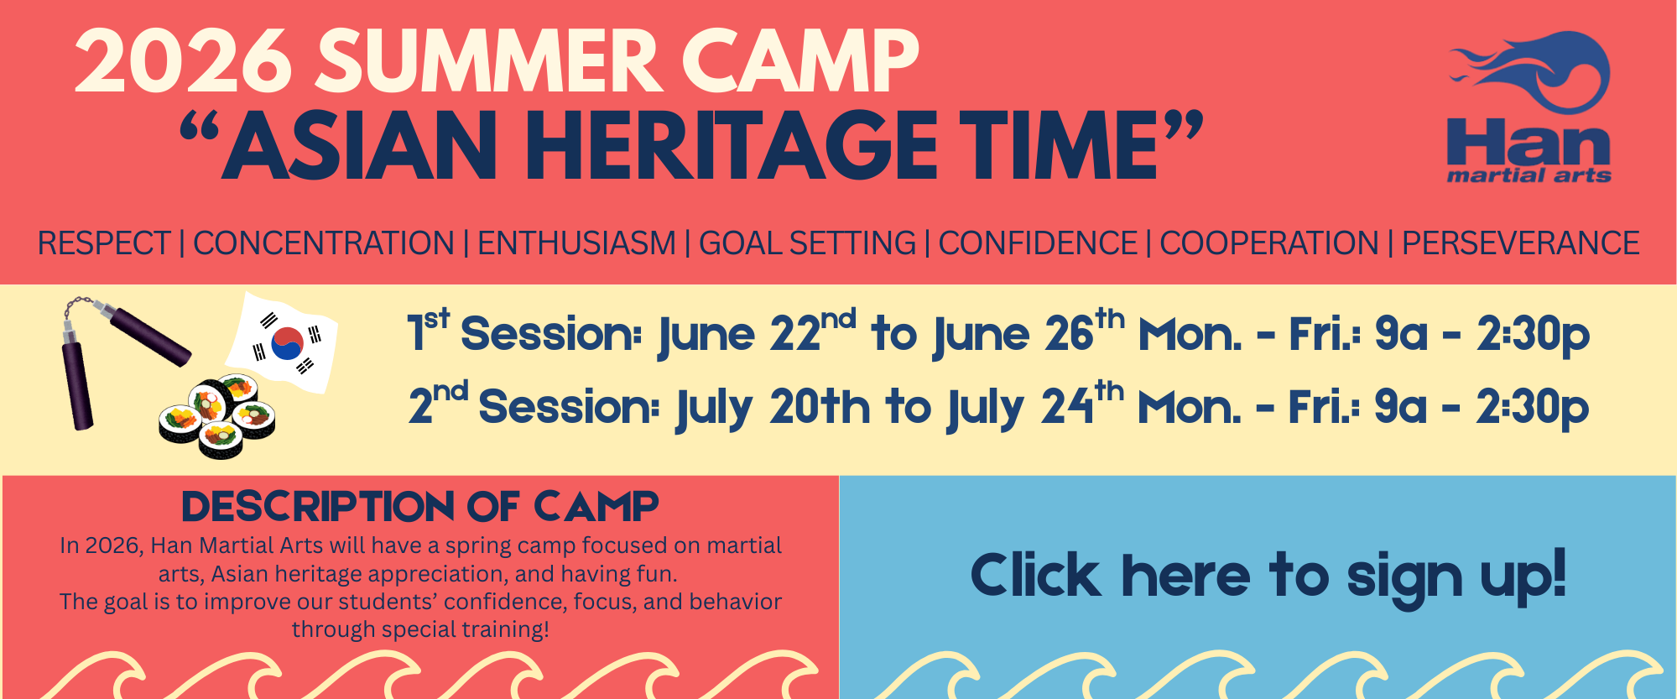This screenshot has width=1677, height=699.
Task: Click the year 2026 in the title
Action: click(x=183, y=63)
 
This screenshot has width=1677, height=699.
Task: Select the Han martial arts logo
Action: click(x=1529, y=107)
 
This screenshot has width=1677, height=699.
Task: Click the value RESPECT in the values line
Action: click(x=104, y=243)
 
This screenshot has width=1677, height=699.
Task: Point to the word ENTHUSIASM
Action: click(x=576, y=243)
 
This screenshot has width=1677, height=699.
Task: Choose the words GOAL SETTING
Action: click(x=807, y=243)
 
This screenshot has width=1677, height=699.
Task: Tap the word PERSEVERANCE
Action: click(x=1520, y=243)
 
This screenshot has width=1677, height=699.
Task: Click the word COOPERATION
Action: click(x=1268, y=243)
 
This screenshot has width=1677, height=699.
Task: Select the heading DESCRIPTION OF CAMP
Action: click(x=419, y=507)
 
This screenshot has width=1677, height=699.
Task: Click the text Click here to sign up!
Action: click(x=1268, y=576)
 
